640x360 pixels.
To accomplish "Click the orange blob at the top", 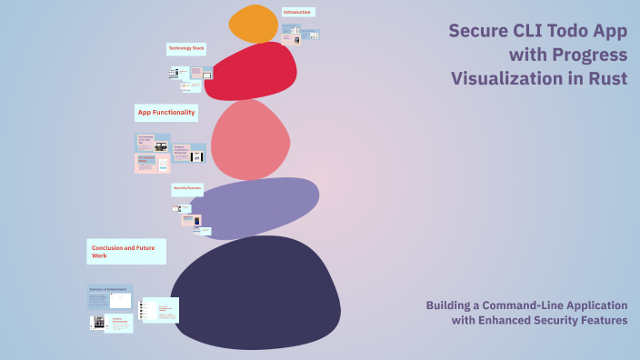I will click(x=253, y=25).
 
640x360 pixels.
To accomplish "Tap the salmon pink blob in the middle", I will click(x=249, y=140).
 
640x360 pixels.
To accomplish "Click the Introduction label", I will click(x=297, y=12).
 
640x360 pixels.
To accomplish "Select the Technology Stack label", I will click(x=185, y=47).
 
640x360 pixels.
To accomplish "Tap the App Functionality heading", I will click(x=166, y=112).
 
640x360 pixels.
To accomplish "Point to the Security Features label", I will click(x=187, y=188).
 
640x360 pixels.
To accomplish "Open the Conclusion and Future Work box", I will click(x=126, y=252).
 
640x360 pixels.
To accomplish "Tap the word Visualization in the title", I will click(x=509, y=78).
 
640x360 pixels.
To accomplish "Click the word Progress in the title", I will click(x=588, y=55).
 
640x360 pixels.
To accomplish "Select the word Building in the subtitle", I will click(x=451, y=305).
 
